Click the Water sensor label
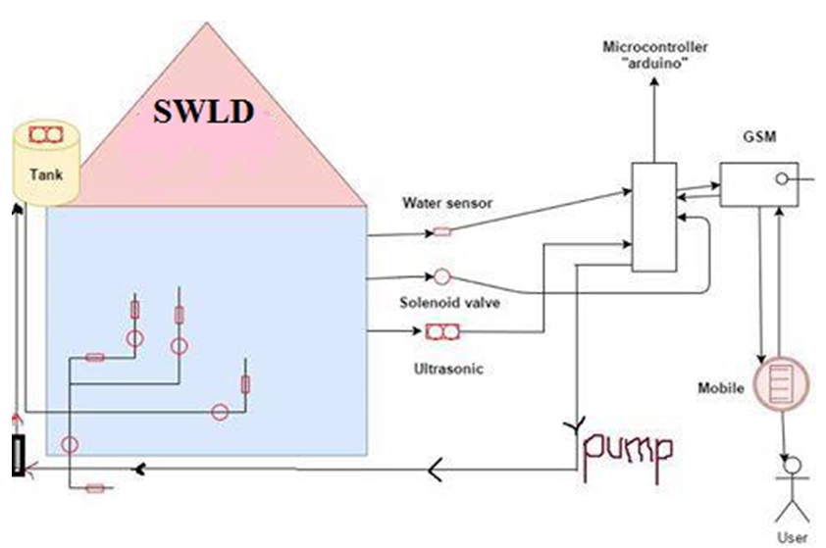point(446,204)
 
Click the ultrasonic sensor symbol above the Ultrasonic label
point(444,333)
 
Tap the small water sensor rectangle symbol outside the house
point(442,232)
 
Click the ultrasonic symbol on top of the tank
point(44,133)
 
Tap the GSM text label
point(760,138)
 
